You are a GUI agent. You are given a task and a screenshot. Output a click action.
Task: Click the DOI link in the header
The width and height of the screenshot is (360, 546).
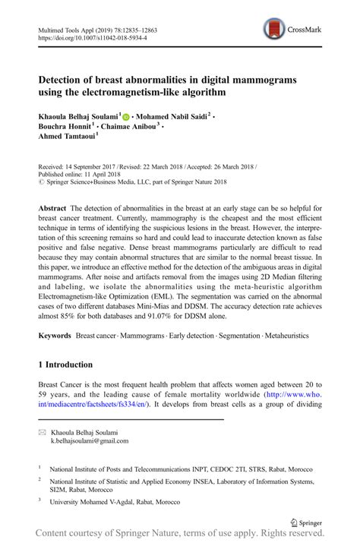92,37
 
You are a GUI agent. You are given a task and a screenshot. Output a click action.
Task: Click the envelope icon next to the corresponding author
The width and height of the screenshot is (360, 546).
43,431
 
